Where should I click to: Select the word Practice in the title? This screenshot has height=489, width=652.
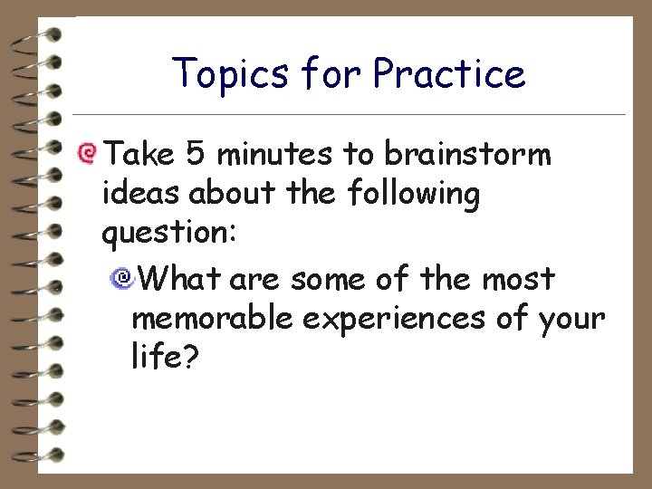click(449, 73)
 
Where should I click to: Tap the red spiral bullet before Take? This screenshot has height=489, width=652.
click(87, 153)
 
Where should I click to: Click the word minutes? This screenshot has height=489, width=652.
click(275, 155)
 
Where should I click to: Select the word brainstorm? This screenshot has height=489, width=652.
click(467, 155)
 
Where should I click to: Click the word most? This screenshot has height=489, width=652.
click(518, 279)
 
